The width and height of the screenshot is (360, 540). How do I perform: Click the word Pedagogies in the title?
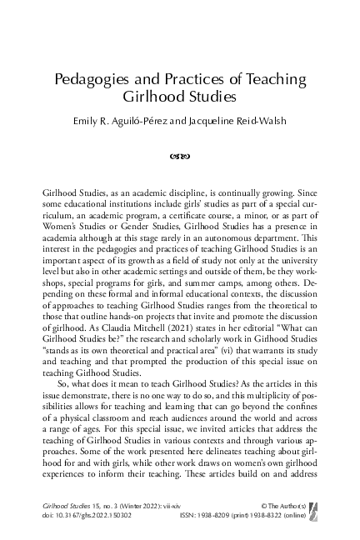click(x=89, y=80)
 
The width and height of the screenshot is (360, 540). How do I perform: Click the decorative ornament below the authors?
click(x=179, y=153)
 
